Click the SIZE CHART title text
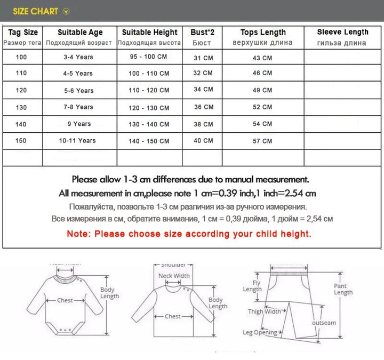tap(35, 11)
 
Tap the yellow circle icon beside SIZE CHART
tap(66, 11)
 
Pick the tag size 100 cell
tap(22, 57)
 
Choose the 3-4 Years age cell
tap(78, 57)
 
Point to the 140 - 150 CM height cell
tap(149, 141)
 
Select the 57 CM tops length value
tap(262, 141)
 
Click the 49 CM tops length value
tap(262, 90)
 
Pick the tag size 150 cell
tap(22, 140)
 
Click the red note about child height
tap(189, 234)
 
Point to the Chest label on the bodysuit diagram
tap(65, 300)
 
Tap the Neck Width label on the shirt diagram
tap(174, 276)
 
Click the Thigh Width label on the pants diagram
tap(264, 311)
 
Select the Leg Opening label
tap(260, 332)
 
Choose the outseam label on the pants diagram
tap(324, 323)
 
